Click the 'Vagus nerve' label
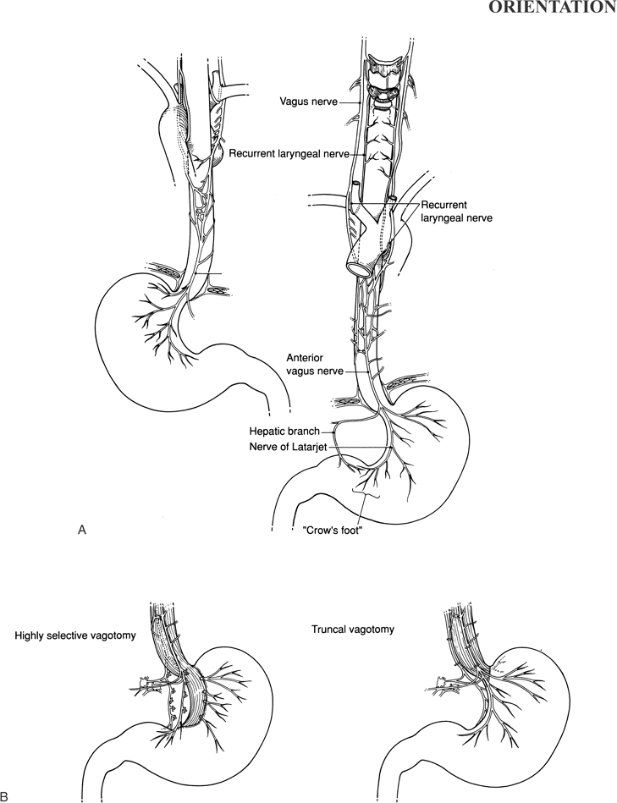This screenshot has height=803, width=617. (x=308, y=102)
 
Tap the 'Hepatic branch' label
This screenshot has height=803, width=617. (x=284, y=432)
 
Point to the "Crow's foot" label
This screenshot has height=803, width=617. (x=333, y=531)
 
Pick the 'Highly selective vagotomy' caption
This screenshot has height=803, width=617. (x=75, y=636)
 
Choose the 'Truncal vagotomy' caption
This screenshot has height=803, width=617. (x=353, y=629)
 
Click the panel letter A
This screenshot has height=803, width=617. (x=81, y=530)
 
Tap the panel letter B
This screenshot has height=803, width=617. (x=5, y=796)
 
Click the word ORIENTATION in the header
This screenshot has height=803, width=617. (x=553, y=7)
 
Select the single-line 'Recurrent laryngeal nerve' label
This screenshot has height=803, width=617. (x=289, y=153)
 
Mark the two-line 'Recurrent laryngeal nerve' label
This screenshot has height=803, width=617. (x=456, y=212)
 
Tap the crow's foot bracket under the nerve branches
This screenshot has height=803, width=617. (x=366, y=492)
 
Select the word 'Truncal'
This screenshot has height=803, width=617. (x=328, y=629)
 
